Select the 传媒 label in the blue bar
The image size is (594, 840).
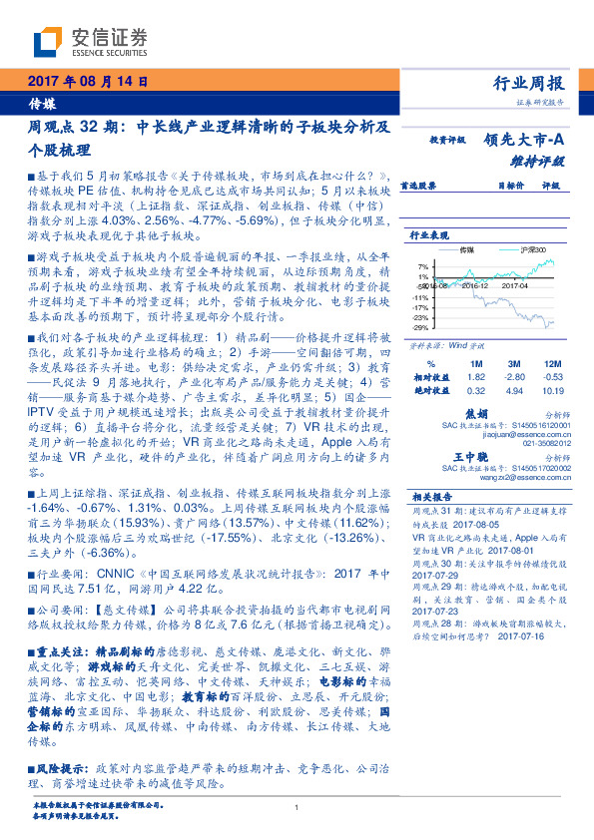click(42, 103)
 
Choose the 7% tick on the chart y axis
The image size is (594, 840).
click(423, 266)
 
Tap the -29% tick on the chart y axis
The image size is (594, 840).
click(420, 327)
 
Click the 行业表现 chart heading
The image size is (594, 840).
click(430, 234)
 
